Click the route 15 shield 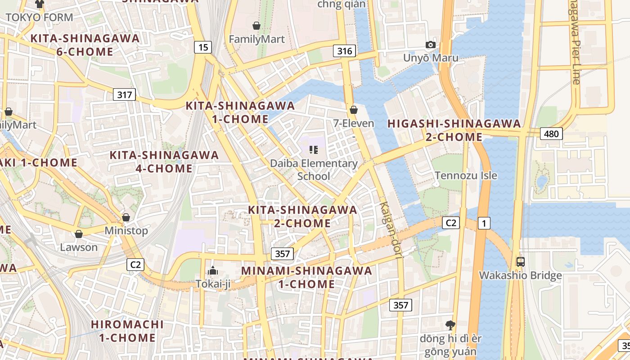(x=203, y=47)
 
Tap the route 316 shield (x=345, y=51)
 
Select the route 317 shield (x=124, y=94)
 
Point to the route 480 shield (x=551, y=134)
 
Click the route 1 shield (x=484, y=223)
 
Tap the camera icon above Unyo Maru (x=431, y=45)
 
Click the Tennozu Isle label (x=466, y=175)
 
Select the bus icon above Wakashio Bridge (x=521, y=261)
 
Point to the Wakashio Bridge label (x=520, y=275)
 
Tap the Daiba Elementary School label (x=314, y=169)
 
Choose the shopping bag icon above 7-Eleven (x=354, y=109)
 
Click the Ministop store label (x=126, y=231)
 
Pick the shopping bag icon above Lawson (x=79, y=234)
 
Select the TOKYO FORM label (x=40, y=18)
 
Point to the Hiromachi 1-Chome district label (x=127, y=331)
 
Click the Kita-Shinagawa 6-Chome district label (x=85, y=45)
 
